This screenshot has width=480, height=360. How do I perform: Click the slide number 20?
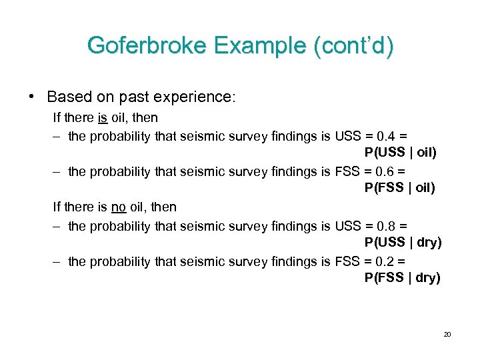(x=447, y=333)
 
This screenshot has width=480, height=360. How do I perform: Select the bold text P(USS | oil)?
(x=401, y=153)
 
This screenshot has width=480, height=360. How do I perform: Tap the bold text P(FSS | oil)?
(x=400, y=189)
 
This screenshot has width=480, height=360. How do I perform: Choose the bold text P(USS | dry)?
(x=403, y=243)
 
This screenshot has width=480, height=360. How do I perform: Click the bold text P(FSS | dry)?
(x=403, y=278)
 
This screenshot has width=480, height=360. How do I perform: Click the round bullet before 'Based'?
(x=32, y=96)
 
